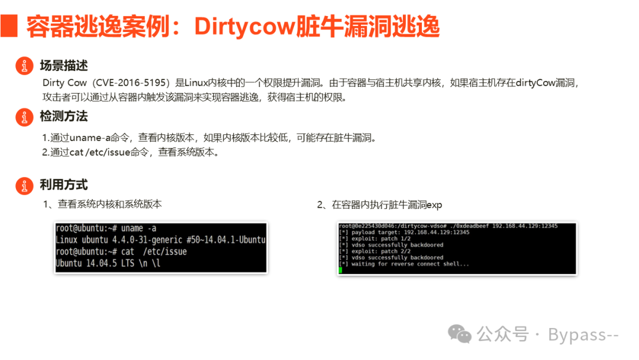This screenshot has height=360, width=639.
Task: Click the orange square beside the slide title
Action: pos(9,25)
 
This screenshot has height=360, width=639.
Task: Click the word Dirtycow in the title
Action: pos(244,27)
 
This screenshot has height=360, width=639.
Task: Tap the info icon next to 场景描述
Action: pos(24,66)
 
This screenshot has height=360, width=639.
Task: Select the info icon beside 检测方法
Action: pos(24,117)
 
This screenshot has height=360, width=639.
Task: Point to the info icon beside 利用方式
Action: pos(24,186)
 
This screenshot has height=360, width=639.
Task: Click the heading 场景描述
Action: pos(64,65)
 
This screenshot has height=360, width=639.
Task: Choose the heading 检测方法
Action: pos(64,116)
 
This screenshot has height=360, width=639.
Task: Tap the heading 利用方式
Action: pos(64,185)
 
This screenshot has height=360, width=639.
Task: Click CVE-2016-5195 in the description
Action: pos(131,83)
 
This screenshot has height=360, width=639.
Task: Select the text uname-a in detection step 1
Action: pos(90,138)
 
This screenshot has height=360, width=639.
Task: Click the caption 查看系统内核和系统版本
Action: pos(110,204)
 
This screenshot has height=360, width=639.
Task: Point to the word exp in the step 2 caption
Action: pos(434,205)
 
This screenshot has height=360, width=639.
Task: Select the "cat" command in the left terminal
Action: pos(128,252)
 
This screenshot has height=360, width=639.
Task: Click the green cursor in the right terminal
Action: pos(341,270)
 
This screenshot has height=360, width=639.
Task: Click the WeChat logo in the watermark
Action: pos(460,335)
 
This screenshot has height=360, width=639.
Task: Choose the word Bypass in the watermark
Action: pos(577,335)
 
